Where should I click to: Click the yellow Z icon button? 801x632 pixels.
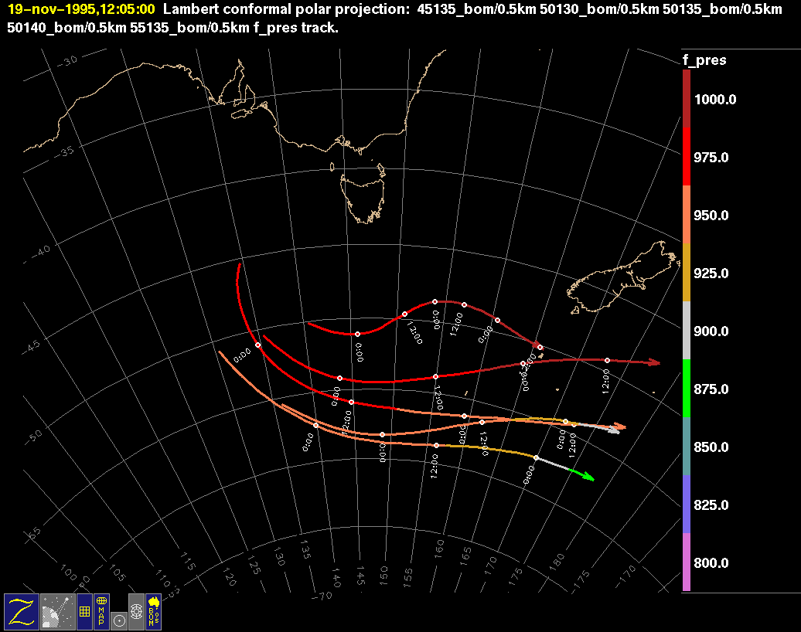21,611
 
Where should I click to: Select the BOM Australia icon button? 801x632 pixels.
153,611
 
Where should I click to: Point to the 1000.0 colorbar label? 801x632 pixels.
715,100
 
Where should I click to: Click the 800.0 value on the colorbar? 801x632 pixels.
711,563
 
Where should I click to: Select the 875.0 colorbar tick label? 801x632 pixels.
711,389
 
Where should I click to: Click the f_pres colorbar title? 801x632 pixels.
704,60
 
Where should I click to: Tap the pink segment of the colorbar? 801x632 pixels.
687,562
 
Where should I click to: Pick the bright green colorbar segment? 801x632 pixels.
687,388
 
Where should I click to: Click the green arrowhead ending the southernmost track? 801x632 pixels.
588,477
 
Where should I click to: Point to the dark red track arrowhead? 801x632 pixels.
654,362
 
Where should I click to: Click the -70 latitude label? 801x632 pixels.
323,595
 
